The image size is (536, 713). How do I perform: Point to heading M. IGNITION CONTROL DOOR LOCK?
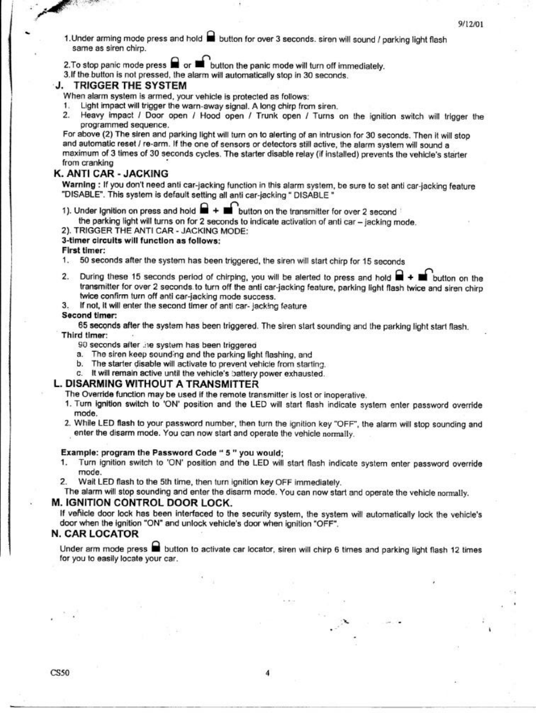tap(142, 502)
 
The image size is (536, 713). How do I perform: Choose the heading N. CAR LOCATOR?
tap(95, 534)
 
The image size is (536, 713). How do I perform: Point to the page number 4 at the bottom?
tap(268, 673)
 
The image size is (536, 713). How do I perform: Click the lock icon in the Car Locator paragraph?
tap(155, 548)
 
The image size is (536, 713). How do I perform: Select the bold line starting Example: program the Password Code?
tap(172, 453)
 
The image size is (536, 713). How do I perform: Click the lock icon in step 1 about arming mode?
tap(210, 38)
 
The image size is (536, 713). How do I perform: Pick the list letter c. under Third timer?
tap(80, 374)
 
